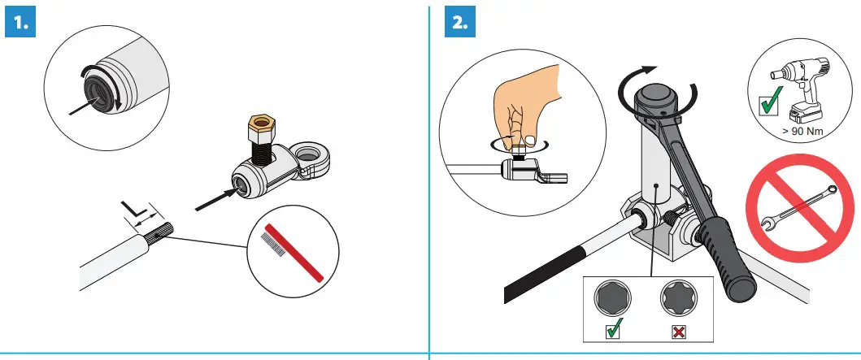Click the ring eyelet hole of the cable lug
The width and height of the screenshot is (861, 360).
310,155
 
